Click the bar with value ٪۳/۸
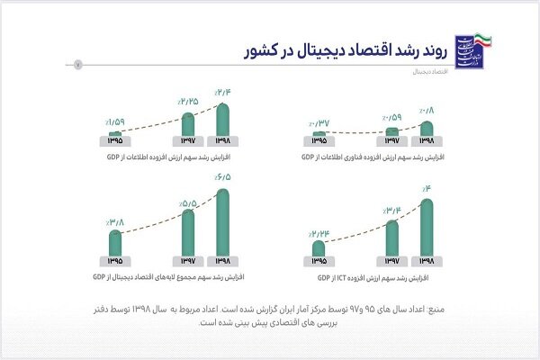[115, 243]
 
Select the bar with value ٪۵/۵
[187, 232]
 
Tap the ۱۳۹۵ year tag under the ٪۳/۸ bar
[115, 261]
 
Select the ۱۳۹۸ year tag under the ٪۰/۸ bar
[427, 140]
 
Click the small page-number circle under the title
[77, 64]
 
